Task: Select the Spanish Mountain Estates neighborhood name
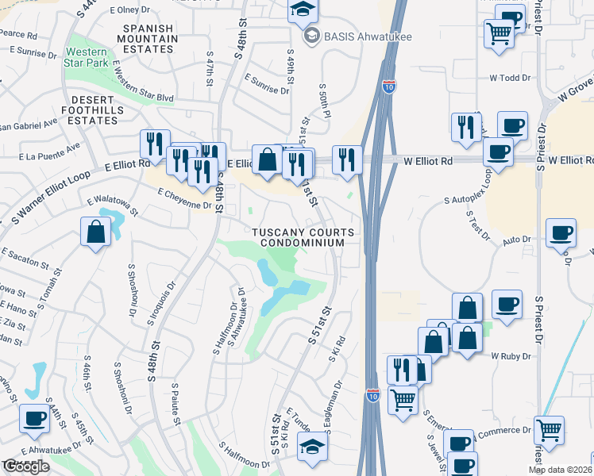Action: tap(148, 39)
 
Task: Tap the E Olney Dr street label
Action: tap(130, 10)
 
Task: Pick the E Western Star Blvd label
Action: tap(143, 87)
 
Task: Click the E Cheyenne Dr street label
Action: tap(185, 199)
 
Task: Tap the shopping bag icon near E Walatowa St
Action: tap(95, 232)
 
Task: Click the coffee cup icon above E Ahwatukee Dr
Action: tap(34, 418)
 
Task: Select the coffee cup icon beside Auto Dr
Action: tap(561, 233)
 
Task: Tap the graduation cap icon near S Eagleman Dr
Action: tap(313, 447)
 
